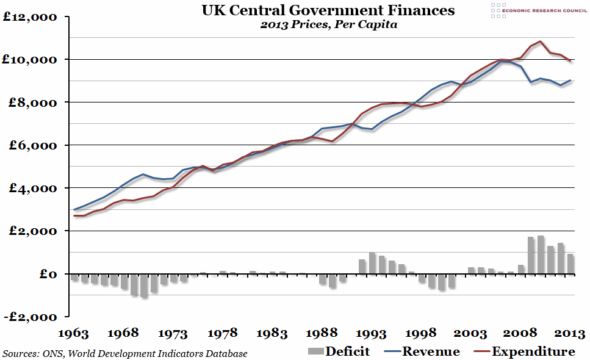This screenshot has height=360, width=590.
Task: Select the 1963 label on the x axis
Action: click(74, 334)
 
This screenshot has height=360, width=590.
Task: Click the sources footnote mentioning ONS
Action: click(124, 353)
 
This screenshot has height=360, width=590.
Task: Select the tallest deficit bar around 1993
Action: click(372, 263)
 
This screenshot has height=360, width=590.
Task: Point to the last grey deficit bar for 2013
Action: click(570, 264)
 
